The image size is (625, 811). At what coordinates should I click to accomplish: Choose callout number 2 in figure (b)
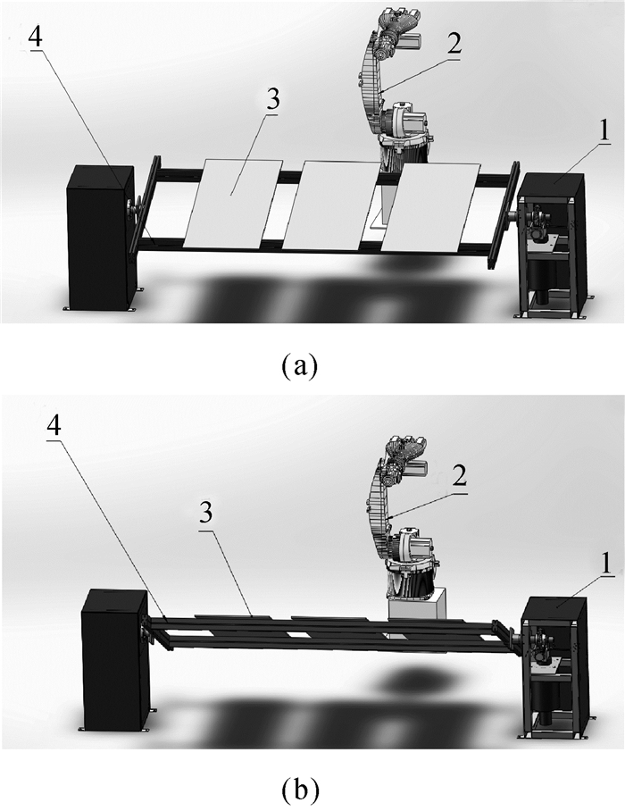click(460, 476)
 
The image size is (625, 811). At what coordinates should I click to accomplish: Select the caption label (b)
click(300, 790)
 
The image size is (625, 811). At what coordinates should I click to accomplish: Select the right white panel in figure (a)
click(430, 208)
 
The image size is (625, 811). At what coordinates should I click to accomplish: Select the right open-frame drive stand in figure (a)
click(552, 244)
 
